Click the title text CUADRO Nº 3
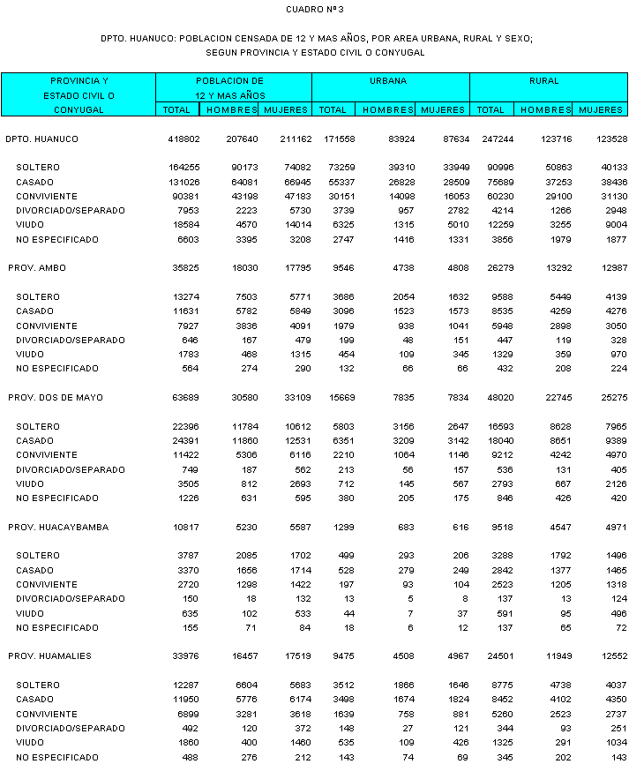pyautogui.click(x=315, y=10)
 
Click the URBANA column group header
pyautogui.click(x=389, y=81)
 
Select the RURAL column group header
pyautogui.click(x=544, y=81)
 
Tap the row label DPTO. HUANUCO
pyautogui.click(x=41, y=139)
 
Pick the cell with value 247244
pyautogui.click(x=492, y=139)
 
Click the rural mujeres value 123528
pyautogui.click(x=604, y=139)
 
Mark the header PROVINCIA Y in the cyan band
pyautogui.click(x=79, y=80)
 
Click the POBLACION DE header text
pyautogui.click(x=229, y=80)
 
